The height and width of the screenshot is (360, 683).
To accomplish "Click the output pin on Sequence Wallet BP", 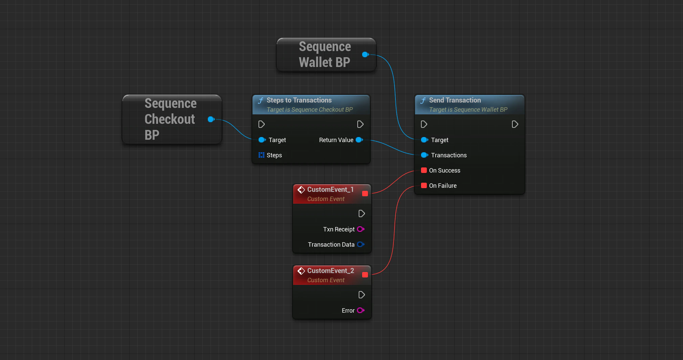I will (x=365, y=54).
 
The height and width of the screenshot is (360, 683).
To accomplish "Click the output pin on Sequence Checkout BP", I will (x=211, y=119).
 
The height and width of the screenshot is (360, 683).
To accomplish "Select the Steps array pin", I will (x=261, y=155).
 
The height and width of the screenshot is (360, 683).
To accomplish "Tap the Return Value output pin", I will (x=359, y=140).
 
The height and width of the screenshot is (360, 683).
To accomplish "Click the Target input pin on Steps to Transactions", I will (x=262, y=140).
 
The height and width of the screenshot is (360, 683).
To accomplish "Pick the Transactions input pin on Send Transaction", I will (x=424, y=155).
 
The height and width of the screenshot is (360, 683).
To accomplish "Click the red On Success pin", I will (x=424, y=170).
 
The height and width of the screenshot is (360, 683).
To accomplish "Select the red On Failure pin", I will (x=424, y=185).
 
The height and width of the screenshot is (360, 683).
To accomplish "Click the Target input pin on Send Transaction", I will (x=424, y=140).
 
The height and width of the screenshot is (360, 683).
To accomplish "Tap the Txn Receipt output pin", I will (x=360, y=229).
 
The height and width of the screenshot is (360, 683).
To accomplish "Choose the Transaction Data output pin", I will (x=360, y=244).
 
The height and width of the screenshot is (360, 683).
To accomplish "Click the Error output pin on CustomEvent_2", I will (x=360, y=310).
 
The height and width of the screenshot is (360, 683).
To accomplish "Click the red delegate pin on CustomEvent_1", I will (x=365, y=194).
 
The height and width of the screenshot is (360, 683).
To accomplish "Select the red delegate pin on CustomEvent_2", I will (x=365, y=275).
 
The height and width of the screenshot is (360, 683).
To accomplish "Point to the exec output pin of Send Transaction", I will (x=515, y=124).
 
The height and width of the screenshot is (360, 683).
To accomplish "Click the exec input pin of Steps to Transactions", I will (x=262, y=124).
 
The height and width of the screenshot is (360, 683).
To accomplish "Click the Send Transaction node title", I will (x=455, y=100).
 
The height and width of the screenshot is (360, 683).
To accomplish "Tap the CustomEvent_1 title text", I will (x=330, y=189).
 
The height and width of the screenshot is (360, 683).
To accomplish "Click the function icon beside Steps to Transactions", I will (x=261, y=100).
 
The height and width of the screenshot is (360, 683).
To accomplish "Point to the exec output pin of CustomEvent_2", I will (x=361, y=295).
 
